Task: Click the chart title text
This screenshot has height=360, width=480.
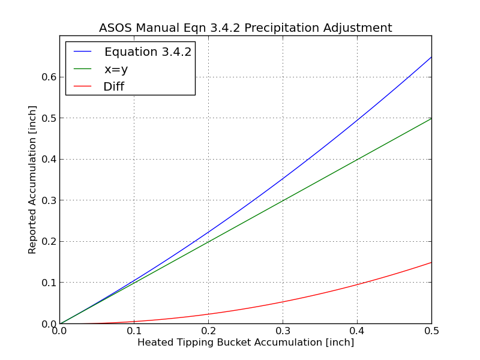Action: (x=245, y=28)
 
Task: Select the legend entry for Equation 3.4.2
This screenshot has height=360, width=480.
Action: (x=148, y=52)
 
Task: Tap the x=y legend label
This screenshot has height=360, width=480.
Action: (x=116, y=69)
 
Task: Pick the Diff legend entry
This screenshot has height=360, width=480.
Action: (x=113, y=86)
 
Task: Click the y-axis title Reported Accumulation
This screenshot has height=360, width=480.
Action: (x=32, y=179)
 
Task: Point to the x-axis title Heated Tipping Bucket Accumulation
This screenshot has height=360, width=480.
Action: (x=245, y=343)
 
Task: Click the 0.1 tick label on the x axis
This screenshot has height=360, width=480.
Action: (x=134, y=331)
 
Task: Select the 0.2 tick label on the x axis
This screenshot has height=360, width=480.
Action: (x=208, y=331)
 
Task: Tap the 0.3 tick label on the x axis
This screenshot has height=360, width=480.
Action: (x=283, y=331)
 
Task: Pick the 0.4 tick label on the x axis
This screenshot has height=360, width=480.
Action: (x=357, y=331)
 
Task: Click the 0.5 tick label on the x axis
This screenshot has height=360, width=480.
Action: (x=431, y=331)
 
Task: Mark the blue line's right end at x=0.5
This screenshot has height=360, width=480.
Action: (x=431, y=57)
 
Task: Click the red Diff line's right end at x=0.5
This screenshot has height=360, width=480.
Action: (x=431, y=262)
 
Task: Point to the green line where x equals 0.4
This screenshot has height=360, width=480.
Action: (x=357, y=160)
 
